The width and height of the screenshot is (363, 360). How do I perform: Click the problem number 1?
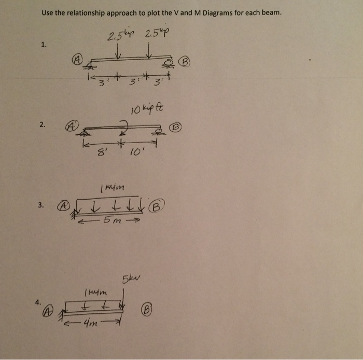coord(44,45)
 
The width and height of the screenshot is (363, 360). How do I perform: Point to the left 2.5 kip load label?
coord(118,37)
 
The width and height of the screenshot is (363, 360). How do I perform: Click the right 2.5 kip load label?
coord(157,36)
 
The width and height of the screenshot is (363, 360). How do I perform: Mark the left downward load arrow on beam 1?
coord(120,52)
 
